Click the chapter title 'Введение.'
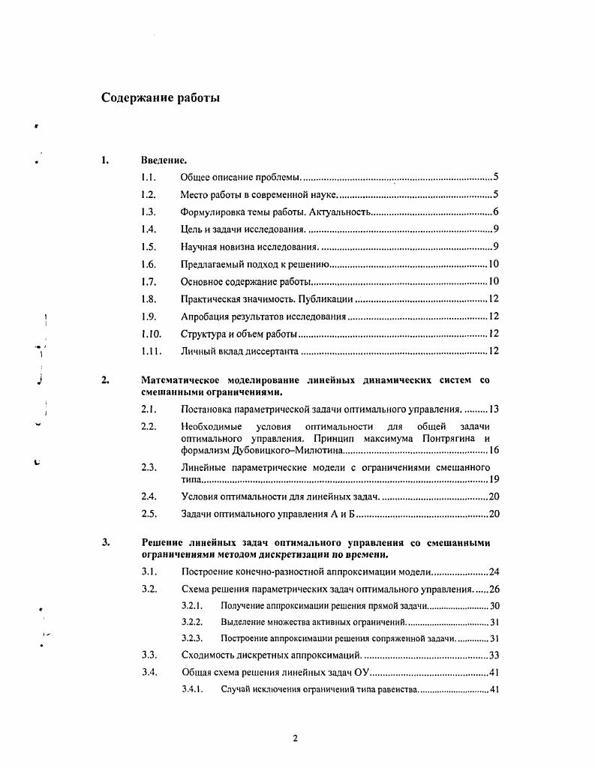point(163,160)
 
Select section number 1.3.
point(148,212)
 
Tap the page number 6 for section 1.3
point(496,212)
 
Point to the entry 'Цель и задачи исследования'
point(242,229)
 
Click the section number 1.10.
point(151,333)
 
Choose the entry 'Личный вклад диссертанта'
point(239,351)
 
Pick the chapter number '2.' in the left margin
point(106,380)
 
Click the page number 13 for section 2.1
point(494,409)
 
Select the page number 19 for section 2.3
point(494,478)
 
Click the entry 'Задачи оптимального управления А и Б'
point(267,514)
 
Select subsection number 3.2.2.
point(193,622)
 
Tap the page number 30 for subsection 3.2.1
point(494,605)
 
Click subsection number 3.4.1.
point(193,688)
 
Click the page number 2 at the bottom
point(295,739)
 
